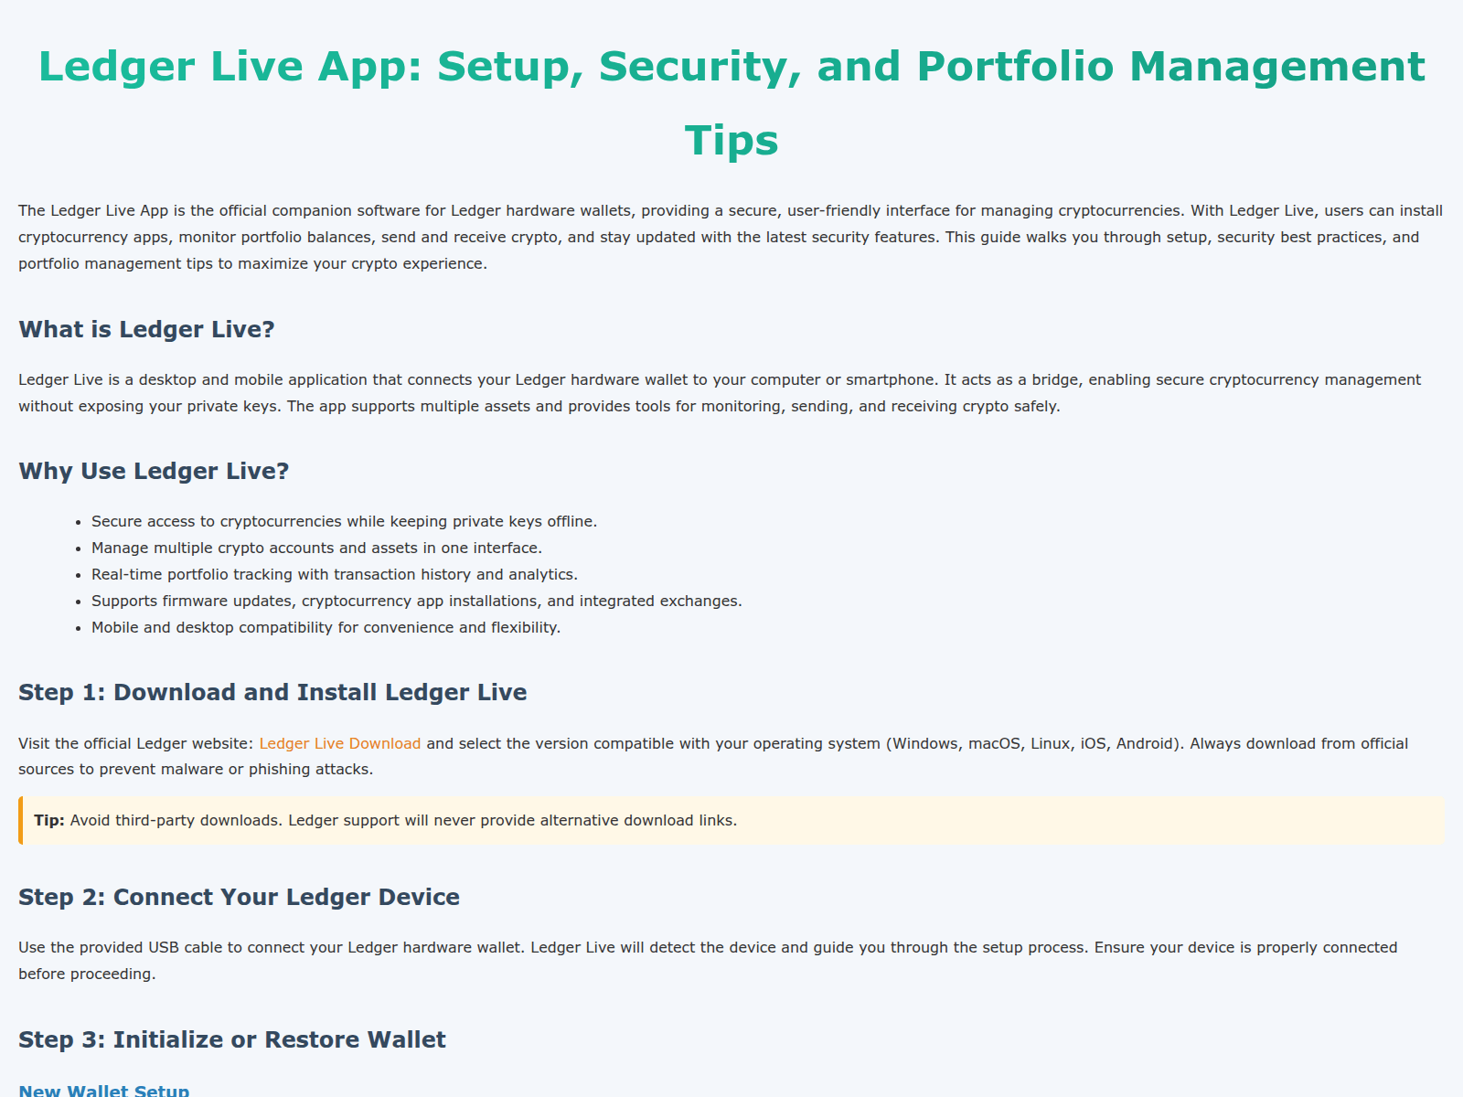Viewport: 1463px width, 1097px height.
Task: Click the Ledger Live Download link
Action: tap(339, 743)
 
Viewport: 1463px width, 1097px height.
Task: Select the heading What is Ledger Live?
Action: tap(146, 329)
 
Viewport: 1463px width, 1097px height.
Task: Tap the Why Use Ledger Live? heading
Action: tap(154, 471)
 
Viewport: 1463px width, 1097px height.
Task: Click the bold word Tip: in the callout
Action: tap(49, 820)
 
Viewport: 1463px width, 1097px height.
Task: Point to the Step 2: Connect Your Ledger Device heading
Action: tap(239, 897)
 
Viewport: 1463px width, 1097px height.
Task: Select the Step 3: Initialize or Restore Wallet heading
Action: tap(232, 1039)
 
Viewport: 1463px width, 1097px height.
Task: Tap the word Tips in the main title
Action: tap(731, 140)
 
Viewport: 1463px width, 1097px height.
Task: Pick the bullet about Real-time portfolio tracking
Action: tap(335, 574)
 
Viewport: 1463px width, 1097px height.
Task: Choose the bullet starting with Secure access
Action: tap(344, 521)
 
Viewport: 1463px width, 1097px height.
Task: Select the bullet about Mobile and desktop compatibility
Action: tap(326, 627)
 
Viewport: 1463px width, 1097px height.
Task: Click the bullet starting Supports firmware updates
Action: tap(416, 601)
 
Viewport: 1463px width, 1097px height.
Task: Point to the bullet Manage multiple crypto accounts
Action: tap(316, 548)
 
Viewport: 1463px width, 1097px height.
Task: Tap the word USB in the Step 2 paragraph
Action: tap(164, 947)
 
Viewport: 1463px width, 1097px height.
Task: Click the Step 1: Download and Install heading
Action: tap(272, 692)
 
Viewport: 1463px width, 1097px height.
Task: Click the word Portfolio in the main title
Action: tap(1015, 66)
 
